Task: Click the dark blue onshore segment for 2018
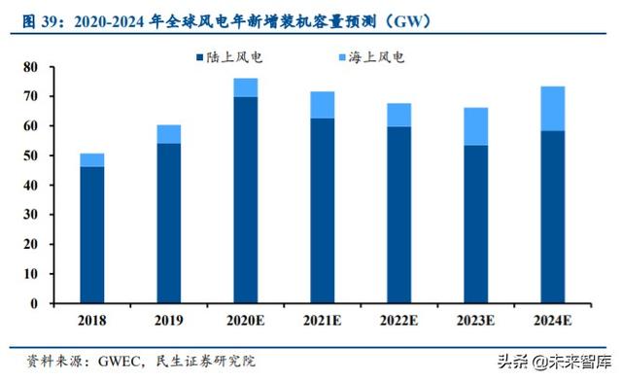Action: click(x=92, y=234)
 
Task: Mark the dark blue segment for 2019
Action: click(x=168, y=223)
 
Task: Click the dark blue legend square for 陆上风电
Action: click(x=199, y=57)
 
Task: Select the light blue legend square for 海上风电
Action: click(x=342, y=57)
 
